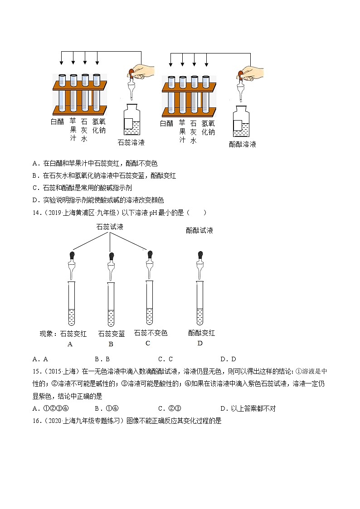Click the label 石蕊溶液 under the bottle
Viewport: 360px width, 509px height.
[x=131, y=142]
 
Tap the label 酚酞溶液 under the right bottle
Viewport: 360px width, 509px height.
[x=243, y=144]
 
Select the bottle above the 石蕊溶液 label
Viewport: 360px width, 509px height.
[x=132, y=120]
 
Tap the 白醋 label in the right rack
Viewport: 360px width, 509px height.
[x=167, y=123]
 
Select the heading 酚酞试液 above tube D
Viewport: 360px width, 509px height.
[x=199, y=230]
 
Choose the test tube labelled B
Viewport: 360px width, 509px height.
[x=111, y=304]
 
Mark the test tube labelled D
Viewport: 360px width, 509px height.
[x=199, y=302]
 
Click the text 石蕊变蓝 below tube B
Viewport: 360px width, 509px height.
[x=112, y=334]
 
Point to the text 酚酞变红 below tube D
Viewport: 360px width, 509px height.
[x=202, y=333]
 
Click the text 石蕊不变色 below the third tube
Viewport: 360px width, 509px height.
[x=151, y=333]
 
